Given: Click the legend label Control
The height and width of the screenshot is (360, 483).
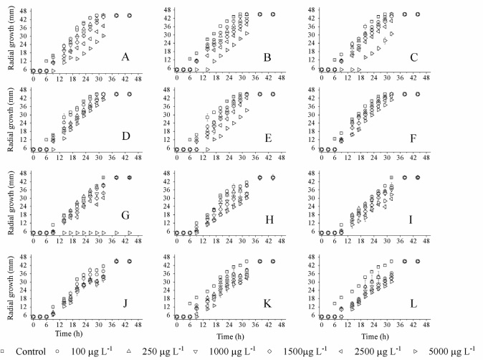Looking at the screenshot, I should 27,351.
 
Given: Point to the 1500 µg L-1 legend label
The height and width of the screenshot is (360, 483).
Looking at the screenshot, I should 304,351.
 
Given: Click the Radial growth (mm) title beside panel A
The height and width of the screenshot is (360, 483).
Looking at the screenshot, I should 8,42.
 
